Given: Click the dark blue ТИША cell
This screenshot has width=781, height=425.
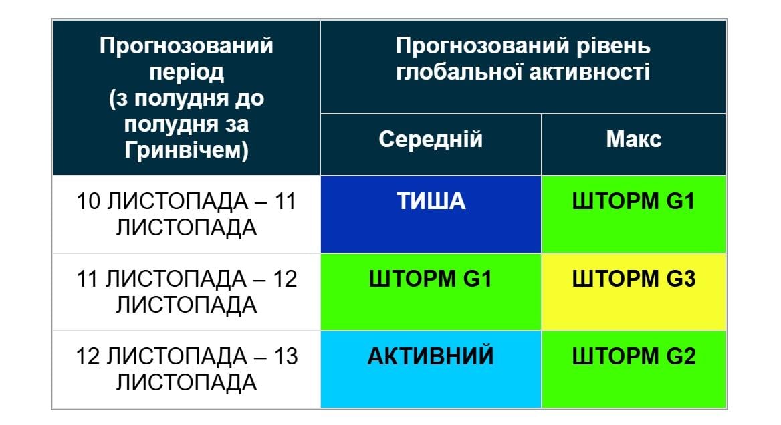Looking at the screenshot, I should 431,214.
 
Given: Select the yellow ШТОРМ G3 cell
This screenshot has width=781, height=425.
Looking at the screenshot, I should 633,291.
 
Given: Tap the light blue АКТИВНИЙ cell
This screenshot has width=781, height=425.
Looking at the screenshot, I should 431,369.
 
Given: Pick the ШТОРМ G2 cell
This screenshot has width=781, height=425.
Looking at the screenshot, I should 633,369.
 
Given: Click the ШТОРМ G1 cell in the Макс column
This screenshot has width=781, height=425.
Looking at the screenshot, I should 633,214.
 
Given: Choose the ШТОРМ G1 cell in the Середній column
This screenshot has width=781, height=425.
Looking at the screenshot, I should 431,291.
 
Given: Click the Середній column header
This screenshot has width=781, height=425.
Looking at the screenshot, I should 431,140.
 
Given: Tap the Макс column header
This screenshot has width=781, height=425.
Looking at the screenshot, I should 633,140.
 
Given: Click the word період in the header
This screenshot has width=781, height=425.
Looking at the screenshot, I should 187,73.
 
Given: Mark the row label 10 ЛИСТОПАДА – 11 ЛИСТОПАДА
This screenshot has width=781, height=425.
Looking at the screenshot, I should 187,214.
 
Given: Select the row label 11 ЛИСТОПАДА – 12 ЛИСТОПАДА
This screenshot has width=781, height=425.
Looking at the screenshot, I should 187,291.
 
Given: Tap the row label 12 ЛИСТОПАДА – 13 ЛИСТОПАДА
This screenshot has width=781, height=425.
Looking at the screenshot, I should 187,369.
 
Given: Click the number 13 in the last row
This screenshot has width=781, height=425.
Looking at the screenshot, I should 286,356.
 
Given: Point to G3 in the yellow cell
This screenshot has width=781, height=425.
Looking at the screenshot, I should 681,279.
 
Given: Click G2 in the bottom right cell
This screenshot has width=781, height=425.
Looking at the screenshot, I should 681,356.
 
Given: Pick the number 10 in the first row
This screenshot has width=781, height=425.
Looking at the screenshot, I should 88,201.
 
